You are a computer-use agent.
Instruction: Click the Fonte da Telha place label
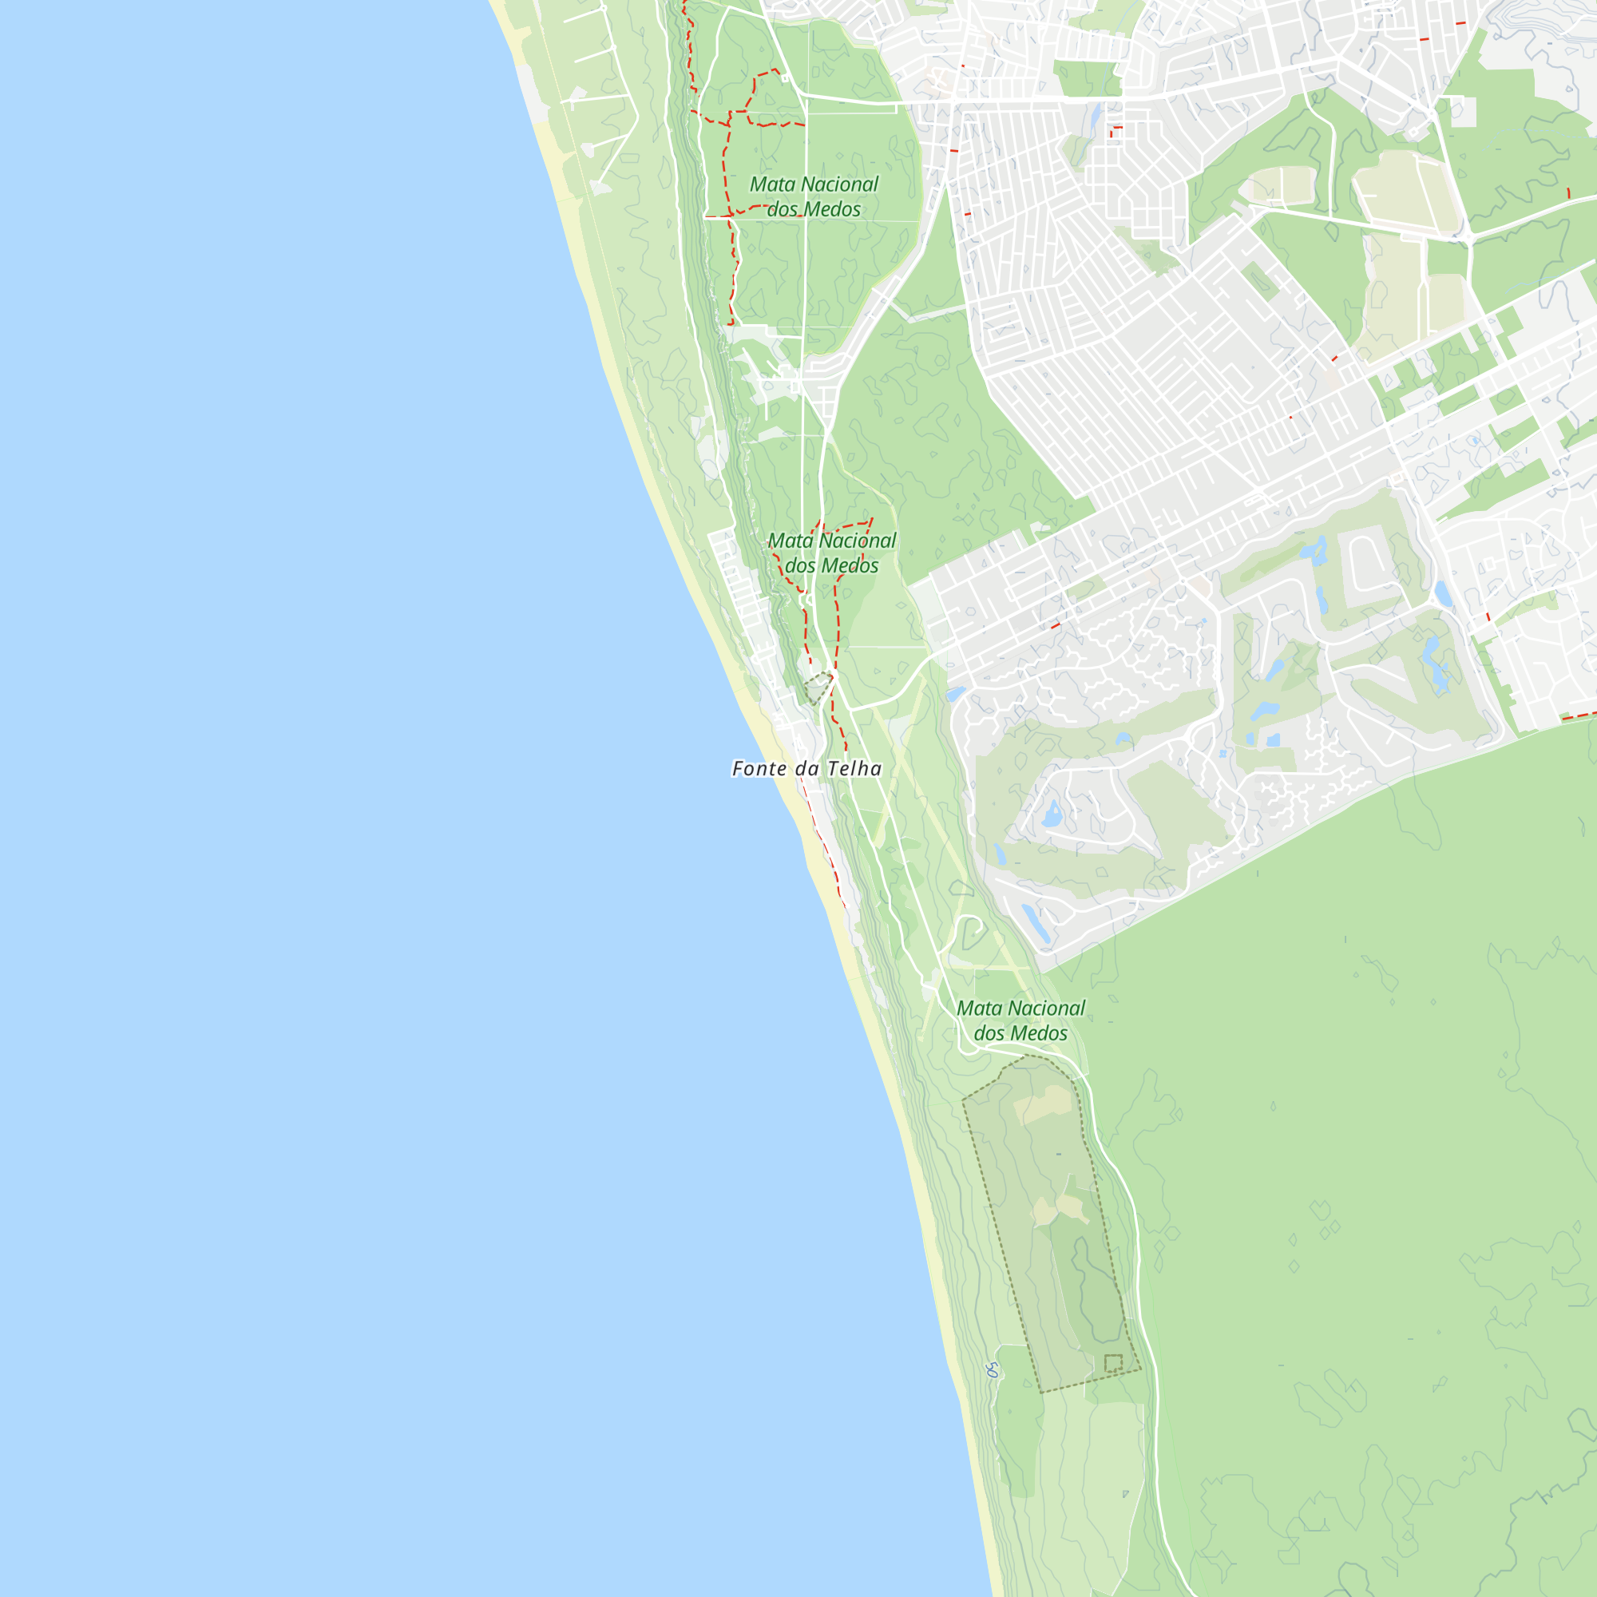pos(806,769)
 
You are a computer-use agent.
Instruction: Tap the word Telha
pos(854,769)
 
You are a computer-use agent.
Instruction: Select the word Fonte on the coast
pos(759,769)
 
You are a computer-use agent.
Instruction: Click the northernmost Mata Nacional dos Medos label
pos(814,196)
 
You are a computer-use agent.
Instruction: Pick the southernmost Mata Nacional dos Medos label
pos(1020,1020)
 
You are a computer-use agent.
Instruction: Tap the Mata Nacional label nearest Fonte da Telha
pos(831,553)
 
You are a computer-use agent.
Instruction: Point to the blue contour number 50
pos(993,1370)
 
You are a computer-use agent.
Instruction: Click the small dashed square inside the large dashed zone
pos(1113,1363)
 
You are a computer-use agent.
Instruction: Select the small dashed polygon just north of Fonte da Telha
pos(818,686)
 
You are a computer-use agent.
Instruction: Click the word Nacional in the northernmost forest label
pos(840,184)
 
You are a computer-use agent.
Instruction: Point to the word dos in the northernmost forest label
pos(783,209)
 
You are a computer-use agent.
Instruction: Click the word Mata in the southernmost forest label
pos(979,1009)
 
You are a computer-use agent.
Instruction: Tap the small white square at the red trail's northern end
pos(784,79)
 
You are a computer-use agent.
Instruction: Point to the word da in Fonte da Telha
pos(806,769)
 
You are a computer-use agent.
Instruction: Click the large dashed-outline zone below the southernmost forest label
pos(1050,1223)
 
